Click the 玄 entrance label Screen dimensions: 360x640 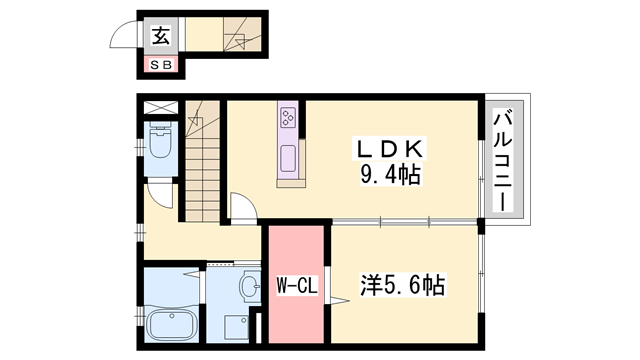click(160, 38)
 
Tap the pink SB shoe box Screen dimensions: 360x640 click(160, 66)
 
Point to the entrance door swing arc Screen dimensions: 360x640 click(123, 38)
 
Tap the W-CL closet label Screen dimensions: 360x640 click(296, 285)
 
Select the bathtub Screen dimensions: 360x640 click(171, 325)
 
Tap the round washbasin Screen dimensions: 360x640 click(247, 288)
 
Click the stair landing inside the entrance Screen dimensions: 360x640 click(236, 39)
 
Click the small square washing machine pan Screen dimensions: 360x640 click(236, 326)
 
